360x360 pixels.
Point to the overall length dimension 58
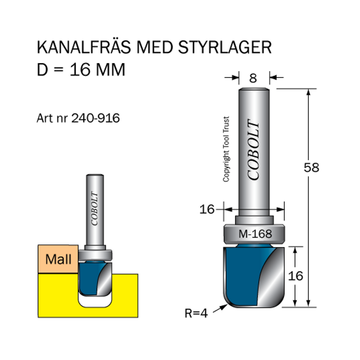[x=311, y=167]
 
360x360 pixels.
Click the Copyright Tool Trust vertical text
[x=226, y=149]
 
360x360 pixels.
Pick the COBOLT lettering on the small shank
[x=95, y=208]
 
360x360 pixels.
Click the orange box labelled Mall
[x=58, y=260]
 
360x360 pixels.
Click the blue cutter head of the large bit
[x=241, y=274]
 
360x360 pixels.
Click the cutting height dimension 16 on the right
[x=296, y=276]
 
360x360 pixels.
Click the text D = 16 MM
[x=81, y=70]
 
